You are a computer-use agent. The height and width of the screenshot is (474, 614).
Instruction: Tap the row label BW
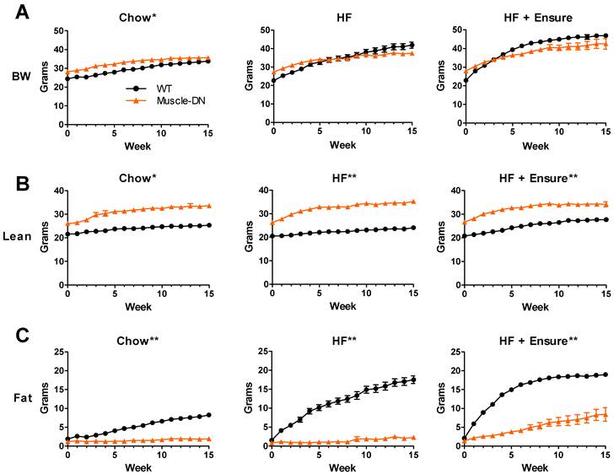[25, 77]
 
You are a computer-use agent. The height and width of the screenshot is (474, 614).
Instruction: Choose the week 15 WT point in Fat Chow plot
[208, 415]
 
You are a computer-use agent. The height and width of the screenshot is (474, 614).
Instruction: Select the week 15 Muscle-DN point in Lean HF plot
[412, 202]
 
